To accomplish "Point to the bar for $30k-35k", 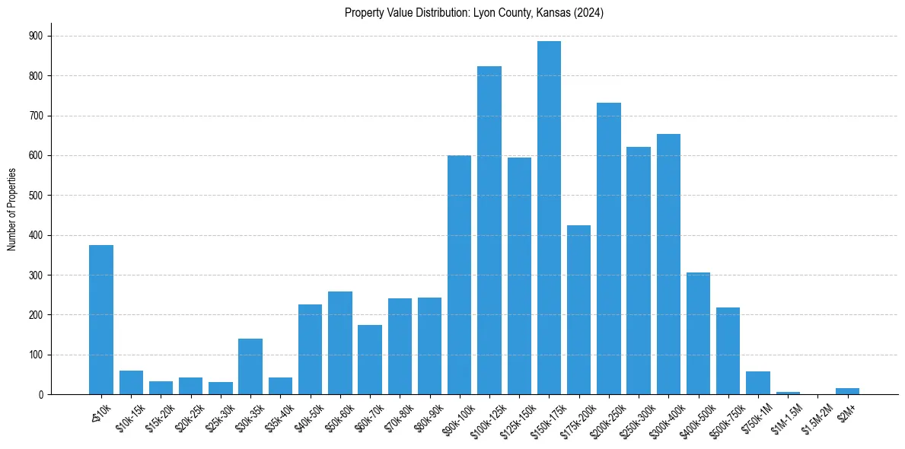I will [x=250, y=366].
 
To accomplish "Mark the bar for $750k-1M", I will [x=758, y=383].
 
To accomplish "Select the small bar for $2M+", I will [x=847, y=391].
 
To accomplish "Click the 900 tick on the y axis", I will [x=35, y=36].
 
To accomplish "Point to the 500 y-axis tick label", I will [x=35, y=196].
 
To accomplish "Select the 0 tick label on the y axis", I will [x=40, y=395].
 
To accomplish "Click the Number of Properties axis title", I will [x=11, y=209].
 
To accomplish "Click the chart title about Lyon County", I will [x=473, y=13].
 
